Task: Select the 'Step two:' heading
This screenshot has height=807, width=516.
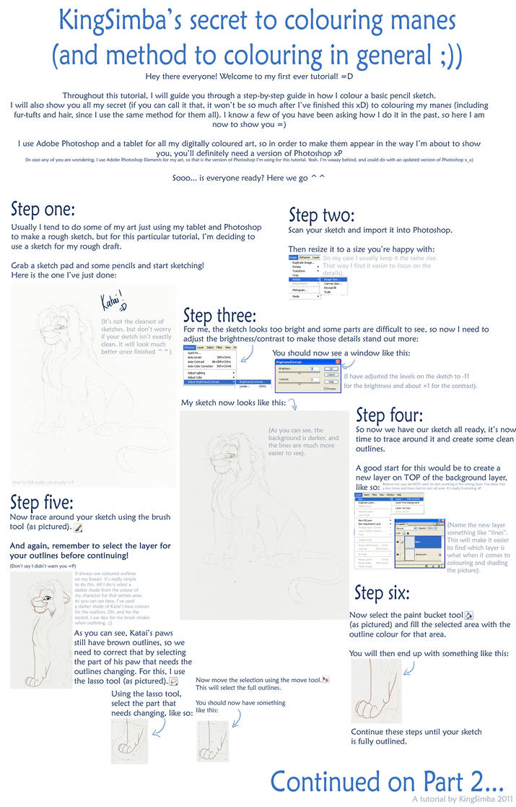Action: coord(321,215)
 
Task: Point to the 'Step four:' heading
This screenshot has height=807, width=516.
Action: coord(390,415)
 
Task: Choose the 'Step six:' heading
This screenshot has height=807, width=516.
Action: coord(380,592)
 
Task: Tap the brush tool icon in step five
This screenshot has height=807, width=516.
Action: coord(79,528)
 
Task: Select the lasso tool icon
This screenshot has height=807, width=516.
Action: coord(173,681)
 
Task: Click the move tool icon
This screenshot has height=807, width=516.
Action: coord(326,679)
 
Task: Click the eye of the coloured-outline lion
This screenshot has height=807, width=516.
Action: coord(46,599)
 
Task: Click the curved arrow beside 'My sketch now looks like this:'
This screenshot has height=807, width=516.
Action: coord(292,404)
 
